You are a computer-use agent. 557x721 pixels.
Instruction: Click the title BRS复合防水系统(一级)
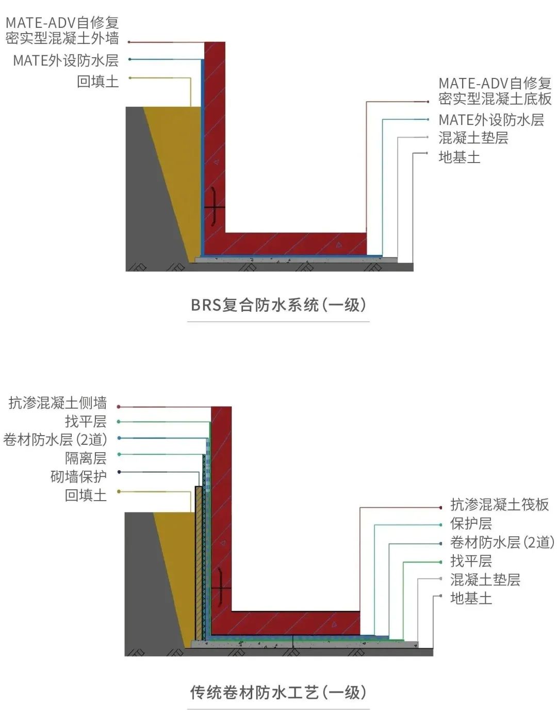pos(278,305)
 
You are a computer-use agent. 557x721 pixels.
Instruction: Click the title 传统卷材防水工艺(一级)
pos(278,692)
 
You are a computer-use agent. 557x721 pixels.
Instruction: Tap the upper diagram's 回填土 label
pos(97,81)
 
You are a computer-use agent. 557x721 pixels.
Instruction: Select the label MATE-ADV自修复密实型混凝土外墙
pos(62,30)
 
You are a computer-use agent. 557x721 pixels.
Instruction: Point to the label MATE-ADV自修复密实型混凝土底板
pos(495,91)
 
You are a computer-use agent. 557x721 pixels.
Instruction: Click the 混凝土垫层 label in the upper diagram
pos(473,138)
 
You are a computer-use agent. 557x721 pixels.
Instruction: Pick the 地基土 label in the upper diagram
pos(459,157)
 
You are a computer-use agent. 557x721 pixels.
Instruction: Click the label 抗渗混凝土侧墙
pos(58,403)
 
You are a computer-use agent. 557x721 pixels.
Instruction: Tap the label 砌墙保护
pos(78,476)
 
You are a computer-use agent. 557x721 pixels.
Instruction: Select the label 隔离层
pos(86,458)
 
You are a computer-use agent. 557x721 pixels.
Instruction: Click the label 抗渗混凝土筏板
pos(499,504)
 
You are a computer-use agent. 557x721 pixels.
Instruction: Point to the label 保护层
pos(470,523)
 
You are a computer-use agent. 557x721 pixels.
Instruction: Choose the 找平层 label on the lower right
pos(470,560)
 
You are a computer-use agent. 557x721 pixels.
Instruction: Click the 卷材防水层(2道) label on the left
pos(55,440)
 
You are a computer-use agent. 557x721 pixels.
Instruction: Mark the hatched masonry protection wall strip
pos(199,563)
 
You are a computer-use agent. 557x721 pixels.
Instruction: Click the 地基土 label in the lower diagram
pos(470,598)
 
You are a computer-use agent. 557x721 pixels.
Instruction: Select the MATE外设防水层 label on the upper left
pos(65,60)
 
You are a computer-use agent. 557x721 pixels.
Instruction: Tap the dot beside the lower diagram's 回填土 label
pos(119,491)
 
